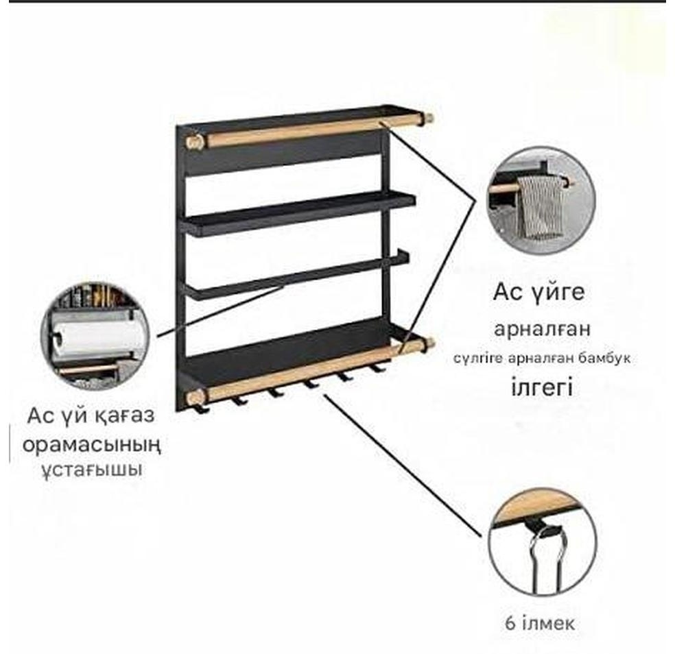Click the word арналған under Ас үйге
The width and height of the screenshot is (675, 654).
click(541, 330)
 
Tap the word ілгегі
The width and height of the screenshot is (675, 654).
click(541, 387)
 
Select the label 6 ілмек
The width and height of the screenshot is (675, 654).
click(540, 623)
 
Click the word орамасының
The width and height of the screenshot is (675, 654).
click(92, 445)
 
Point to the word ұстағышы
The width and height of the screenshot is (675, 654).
click(92, 470)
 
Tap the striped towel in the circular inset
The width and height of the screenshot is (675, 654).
click(541, 206)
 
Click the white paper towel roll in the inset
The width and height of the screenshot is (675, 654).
click(98, 338)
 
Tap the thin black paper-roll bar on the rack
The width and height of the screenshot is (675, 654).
click(295, 276)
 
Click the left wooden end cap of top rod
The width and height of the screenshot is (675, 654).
click(193, 141)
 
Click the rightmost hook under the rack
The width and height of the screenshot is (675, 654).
click(377, 368)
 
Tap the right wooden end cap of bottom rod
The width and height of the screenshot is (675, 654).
click(429, 343)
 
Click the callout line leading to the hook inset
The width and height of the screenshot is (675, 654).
click(403, 465)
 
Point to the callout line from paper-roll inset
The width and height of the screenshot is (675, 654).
click(220, 310)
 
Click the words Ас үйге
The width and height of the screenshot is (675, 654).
click(539, 293)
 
